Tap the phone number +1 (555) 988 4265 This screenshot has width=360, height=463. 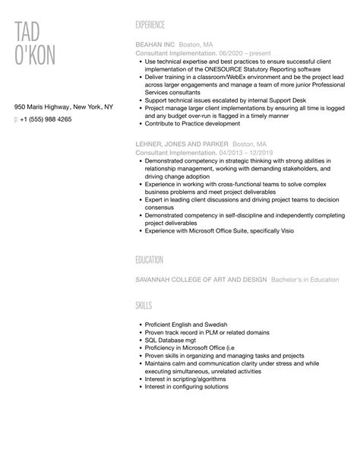(48, 119)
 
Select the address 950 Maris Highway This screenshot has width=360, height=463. (43, 108)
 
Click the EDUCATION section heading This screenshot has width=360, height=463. (149, 260)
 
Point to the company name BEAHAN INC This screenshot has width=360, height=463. (154, 44)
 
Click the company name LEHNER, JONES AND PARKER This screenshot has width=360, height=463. (180, 144)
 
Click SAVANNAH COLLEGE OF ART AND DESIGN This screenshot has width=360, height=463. (201, 280)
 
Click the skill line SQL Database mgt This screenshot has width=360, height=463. (172, 341)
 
